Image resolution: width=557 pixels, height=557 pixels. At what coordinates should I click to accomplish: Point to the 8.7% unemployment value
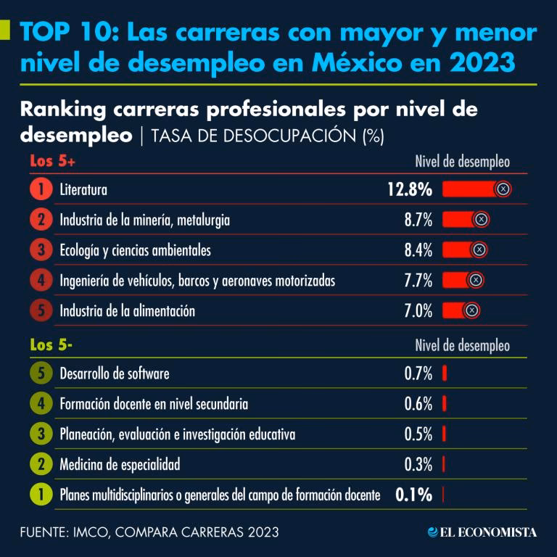click(x=418, y=220)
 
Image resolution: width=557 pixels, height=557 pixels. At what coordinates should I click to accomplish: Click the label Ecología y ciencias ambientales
click(x=135, y=251)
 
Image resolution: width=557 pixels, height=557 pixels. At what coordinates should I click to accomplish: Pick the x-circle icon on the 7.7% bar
click(x=475, y=281)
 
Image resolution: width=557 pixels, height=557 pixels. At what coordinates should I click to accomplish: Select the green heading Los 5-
click(x=51, y=345)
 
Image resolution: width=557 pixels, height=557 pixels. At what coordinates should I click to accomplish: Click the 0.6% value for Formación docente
click(x=418, y=404)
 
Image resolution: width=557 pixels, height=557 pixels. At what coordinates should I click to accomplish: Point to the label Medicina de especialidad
click(x=120, y=464)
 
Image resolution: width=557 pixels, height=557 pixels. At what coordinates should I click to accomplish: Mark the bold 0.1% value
click(x=414, y=495)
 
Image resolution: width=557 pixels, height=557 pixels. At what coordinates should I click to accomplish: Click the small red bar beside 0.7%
click(x=444, y=374)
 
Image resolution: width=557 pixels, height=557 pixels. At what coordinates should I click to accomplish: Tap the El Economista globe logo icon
click(x=433, y=532)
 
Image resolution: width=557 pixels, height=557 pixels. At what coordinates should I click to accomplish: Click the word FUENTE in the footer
click(x=44, y=532)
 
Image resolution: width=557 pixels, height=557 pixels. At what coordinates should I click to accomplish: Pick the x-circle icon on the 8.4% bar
click(x=479, y=250)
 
